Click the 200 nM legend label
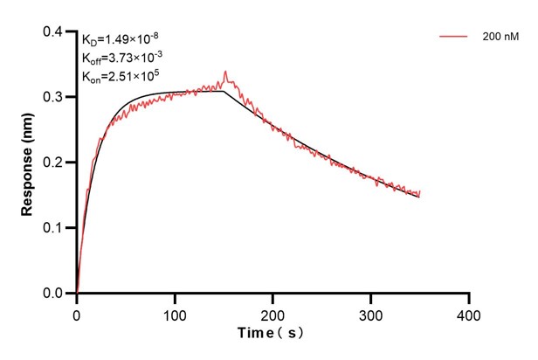click(500, 38)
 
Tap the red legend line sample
click(455, 38)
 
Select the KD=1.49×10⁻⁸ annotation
click(121, 39)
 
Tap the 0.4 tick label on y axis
click(54, 31)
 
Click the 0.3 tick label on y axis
click(54, 97)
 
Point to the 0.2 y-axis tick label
click(54, 163)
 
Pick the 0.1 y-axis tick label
click(54, 228)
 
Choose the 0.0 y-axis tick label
click(54, 294)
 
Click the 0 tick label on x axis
click(77, 313)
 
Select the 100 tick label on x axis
click(175, 313)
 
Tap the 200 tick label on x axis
click(273, 313)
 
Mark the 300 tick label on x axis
click(371, 313)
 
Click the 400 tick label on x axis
click(469, 313)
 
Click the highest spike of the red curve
click(225, 72)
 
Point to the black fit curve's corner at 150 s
click(224, 91)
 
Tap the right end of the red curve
click(420, 191)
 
